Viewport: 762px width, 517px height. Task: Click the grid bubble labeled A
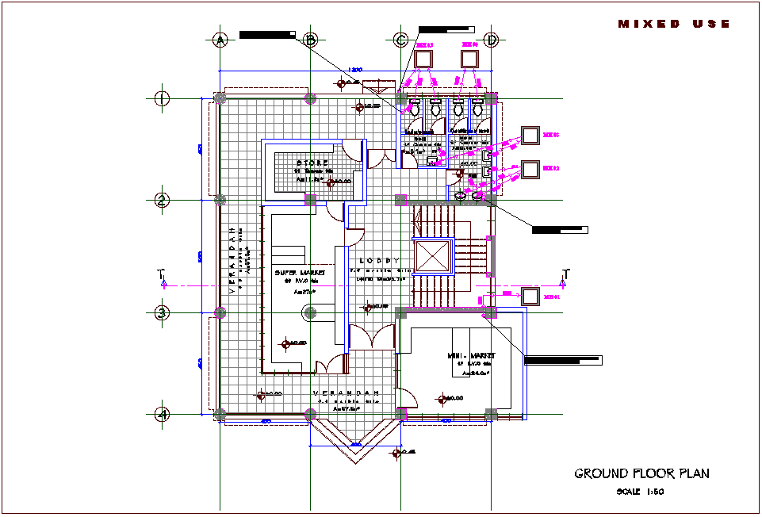coord(220,40)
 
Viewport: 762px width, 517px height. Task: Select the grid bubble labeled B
coord(311,40)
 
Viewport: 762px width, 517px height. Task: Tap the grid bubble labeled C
coord(401,40)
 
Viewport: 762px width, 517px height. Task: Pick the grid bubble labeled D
coord(492,40)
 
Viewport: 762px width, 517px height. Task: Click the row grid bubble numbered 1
coord(162,98)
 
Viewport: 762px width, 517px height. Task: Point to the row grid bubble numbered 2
coord(162,200)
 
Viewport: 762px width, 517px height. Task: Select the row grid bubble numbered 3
coord(162,312)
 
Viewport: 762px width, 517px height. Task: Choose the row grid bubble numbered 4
coord(162,414)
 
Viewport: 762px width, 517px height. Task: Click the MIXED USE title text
coord(674,25)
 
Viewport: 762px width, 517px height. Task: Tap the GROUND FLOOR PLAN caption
coord(641,474)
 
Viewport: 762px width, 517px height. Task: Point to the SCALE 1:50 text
coord(639,492)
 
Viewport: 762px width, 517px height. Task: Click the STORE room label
coord(312,163)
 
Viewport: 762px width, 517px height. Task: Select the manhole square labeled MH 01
coord(530,297)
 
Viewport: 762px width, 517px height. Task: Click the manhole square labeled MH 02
coord(530,169)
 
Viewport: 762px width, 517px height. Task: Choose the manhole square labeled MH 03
coord(530,136)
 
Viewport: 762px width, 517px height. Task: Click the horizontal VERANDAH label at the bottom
coord(346,393)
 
